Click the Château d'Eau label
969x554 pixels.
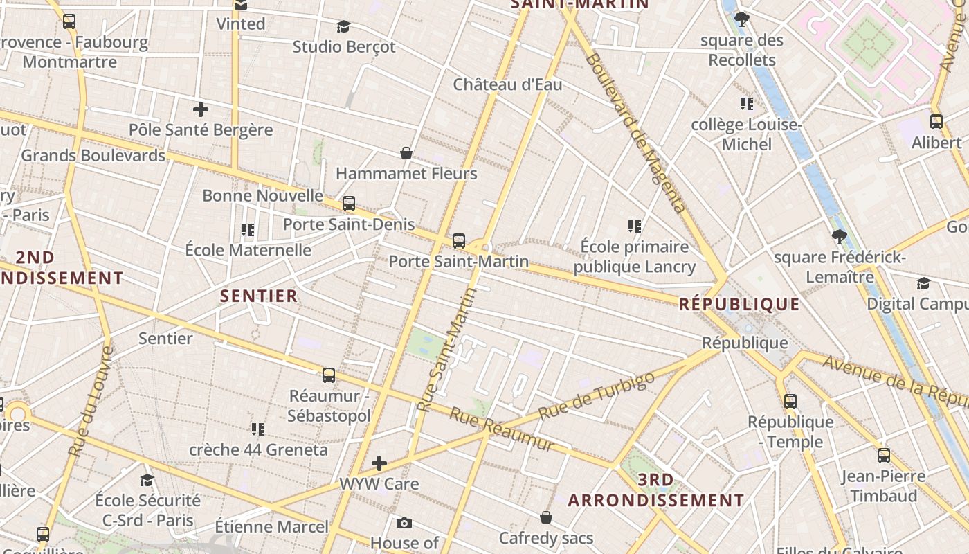[507, 84]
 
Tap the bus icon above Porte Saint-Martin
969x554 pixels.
[458, 241]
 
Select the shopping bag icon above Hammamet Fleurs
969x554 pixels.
[406, 153]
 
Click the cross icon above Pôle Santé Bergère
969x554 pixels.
[201, 109]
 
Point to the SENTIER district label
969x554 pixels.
[259, 296]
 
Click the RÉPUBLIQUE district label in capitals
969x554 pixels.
[739, 304]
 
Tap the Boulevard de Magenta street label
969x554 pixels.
[635, 132]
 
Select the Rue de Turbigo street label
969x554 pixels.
[596, 395]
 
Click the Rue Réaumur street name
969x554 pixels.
[502, 429]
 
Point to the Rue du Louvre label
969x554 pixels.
[91, 402]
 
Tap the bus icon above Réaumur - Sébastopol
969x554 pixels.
[329, 375]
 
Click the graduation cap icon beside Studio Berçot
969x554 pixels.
[343, 27]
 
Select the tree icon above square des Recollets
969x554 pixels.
[742, 19]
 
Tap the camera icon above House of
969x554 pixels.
[404, 523]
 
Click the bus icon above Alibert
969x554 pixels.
[936, 122]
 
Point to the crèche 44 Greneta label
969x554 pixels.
[259, 449]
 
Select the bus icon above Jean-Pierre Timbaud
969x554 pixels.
[884, 456]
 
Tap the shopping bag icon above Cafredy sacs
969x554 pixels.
[546, 517]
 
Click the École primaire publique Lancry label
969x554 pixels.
[635, 256]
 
